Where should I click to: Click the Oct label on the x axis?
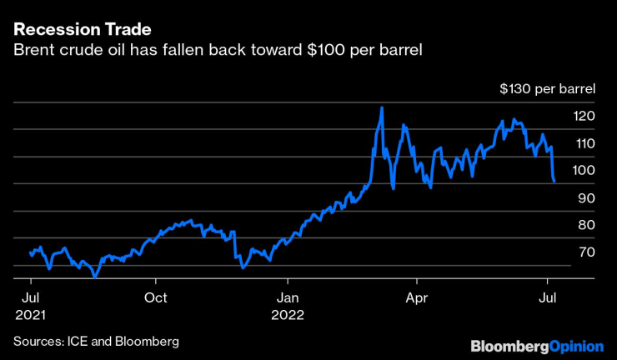tap(156, 297)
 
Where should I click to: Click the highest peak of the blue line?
tap(381, 107)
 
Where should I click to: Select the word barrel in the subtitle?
tap(401, 51)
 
